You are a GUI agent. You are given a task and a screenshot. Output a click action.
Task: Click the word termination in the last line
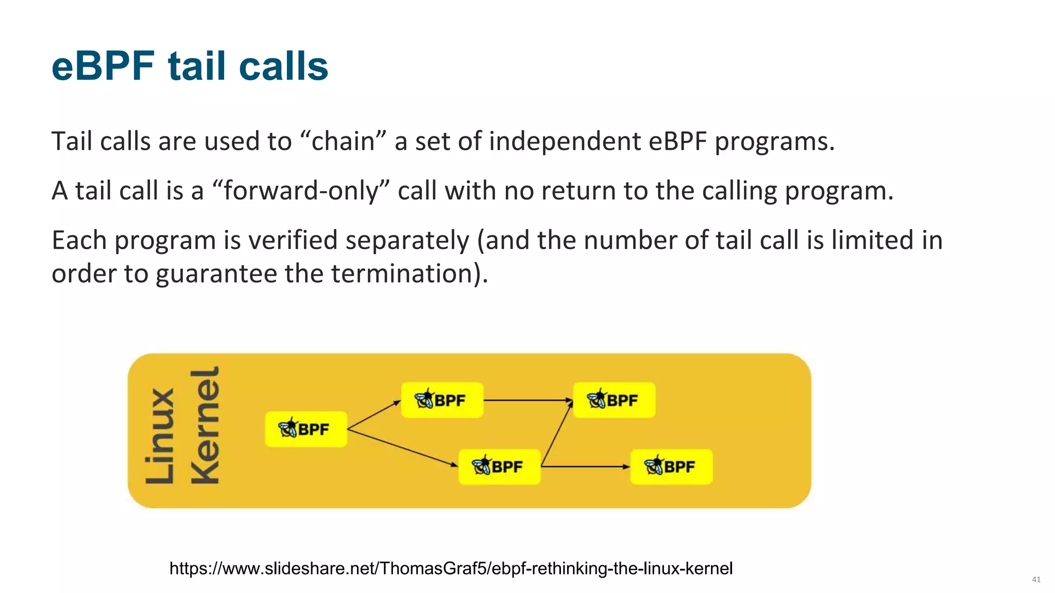402,273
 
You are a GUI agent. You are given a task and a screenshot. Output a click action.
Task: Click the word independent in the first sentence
564,141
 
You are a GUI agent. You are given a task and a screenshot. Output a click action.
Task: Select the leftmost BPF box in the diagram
306,429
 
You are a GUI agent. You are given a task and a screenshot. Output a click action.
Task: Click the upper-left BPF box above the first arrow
442,400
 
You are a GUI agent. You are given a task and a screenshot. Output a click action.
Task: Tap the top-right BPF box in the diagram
614,400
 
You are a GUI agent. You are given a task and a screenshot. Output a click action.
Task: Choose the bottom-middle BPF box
499,466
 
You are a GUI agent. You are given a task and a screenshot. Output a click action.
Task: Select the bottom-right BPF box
671,466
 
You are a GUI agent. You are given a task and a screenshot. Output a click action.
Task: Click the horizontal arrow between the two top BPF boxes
528,400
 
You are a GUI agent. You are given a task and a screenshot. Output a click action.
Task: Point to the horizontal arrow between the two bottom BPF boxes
585,466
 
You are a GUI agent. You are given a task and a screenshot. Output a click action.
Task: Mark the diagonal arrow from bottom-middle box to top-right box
557,433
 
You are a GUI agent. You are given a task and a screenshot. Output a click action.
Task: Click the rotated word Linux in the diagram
160,437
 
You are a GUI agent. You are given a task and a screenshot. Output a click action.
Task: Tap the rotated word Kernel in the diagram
205,426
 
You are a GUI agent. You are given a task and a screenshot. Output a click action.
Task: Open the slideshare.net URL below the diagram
451,568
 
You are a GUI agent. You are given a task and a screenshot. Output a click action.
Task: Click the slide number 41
1036,580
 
